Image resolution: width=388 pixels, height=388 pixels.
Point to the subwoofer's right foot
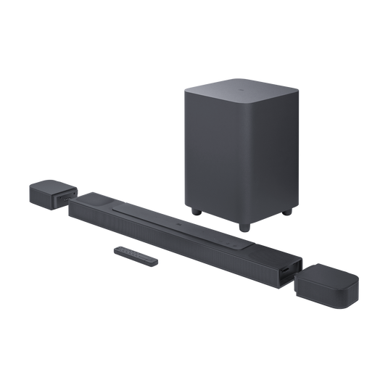click(290, 214)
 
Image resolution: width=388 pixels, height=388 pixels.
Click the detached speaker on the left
click(46, 194)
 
